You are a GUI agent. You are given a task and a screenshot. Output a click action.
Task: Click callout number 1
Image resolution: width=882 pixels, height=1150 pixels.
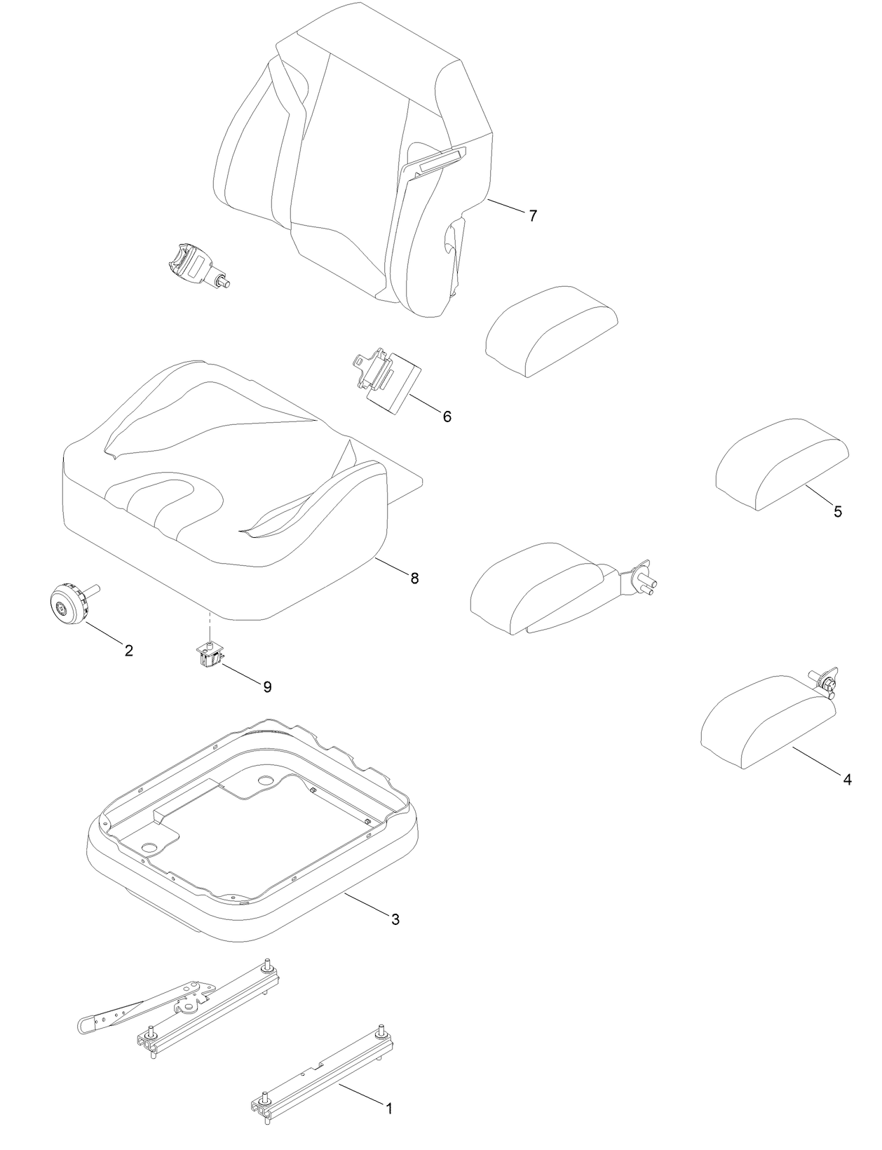[x=389, y=1109]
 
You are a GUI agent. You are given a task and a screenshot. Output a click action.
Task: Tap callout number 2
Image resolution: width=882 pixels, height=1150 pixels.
[x=129, y=650]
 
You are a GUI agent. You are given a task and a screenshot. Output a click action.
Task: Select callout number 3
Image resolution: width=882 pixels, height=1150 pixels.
[x=395, y=919]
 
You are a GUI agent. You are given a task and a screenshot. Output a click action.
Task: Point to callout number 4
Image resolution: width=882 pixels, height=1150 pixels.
[x=847, y=779]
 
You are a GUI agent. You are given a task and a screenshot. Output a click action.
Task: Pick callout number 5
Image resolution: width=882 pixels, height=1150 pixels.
[x=838, y=511]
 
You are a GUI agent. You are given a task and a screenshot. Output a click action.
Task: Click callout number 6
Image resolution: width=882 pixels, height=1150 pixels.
[x=447, y=417]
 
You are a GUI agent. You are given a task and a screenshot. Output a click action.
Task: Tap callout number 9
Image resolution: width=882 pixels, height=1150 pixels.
[x=267, y=686]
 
